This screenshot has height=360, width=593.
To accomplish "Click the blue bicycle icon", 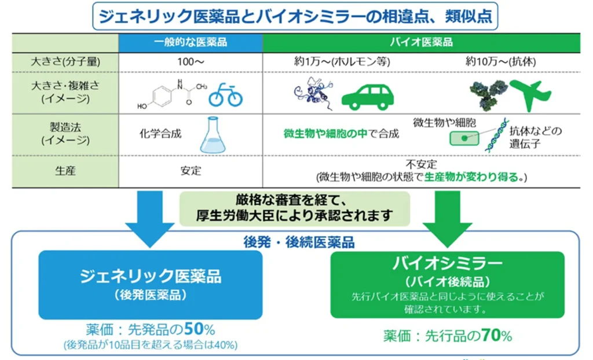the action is click(225, 95).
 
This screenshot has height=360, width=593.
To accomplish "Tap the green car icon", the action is click(368, 97).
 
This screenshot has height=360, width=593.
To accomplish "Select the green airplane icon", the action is click(530, 95).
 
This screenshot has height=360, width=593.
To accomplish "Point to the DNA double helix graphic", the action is click(496, 135).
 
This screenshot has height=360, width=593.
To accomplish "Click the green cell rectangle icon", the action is click(464, 138).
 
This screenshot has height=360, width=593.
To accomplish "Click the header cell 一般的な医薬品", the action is click(191, 42).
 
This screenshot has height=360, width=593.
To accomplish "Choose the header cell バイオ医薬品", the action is click(422, 42).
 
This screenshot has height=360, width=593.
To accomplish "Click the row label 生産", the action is click(65, 171).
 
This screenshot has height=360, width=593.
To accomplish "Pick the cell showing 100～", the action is click(191, 62).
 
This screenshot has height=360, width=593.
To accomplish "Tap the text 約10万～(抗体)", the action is click(500, 61).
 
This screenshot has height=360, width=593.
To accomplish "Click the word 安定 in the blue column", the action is click(191, 171).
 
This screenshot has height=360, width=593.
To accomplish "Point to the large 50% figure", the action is click(199, 329).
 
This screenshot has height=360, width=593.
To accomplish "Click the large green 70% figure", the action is click(496, 335).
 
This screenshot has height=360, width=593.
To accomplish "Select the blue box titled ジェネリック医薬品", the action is click(151, 285).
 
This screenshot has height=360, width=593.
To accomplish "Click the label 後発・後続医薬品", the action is click(299, 242).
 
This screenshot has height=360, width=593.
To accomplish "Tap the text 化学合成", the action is click(160, 134).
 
